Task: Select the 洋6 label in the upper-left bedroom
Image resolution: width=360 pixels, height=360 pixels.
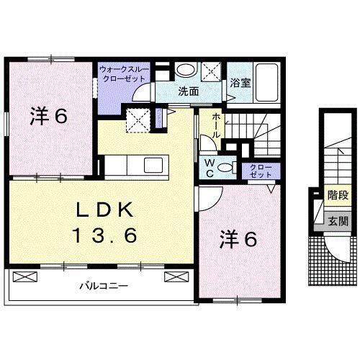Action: pyautogui.click(x=49, y=116)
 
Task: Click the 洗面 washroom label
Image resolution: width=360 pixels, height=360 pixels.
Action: pyautogui.click(x=189, y=92)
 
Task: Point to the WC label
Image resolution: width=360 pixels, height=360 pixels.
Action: pyautogui.click(x=209, y=167)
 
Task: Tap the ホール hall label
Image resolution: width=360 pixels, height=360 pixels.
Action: pyautogui.click(x=216, y=128)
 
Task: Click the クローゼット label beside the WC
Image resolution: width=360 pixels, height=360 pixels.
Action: pyautogui.click(x=261, y=171)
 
